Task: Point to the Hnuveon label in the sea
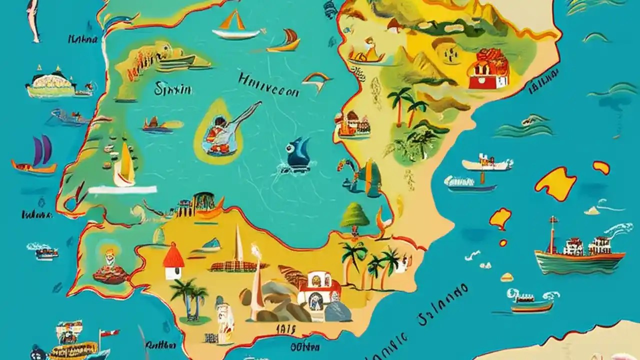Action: point(268,85)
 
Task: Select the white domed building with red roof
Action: point(318,289)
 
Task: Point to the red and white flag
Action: point(108,333)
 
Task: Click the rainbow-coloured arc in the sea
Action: point(316,78)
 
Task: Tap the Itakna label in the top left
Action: point(83,39)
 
